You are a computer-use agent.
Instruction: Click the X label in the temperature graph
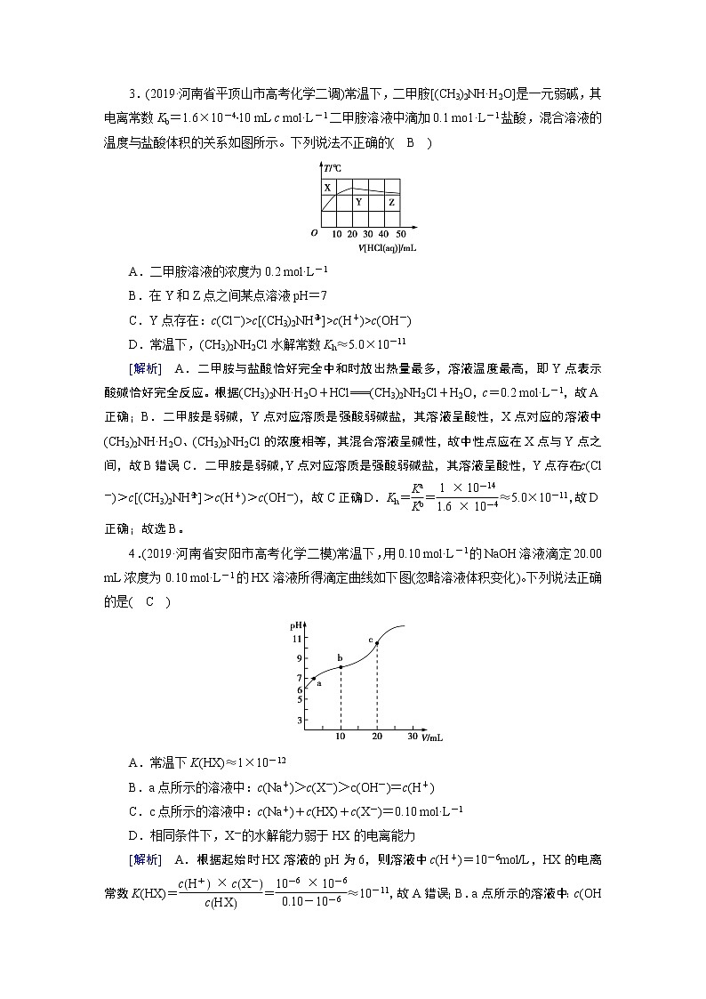[327, 188]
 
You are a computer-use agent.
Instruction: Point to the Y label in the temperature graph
[358, 202]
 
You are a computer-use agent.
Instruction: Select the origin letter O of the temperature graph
[314, 233]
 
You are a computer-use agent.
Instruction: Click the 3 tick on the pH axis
[300, 720]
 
